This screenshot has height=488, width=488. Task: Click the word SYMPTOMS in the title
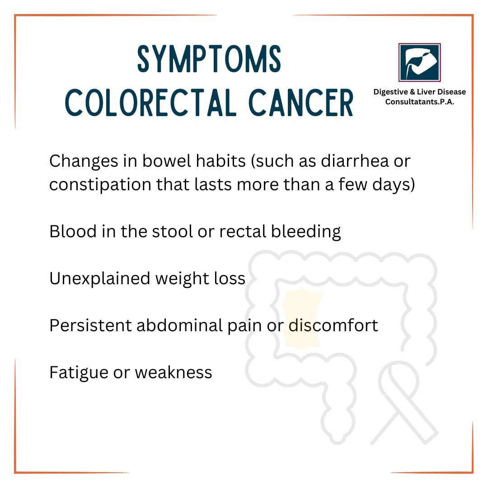tap(209, 59)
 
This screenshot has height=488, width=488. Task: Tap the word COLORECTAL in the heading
tap(150, 103)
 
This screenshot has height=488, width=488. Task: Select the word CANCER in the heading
tap(301, 103)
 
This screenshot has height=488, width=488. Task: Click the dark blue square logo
tap(419, 62)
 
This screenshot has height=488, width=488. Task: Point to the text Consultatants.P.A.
tap(419, 102)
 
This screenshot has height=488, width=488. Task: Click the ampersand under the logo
tap(413, 92)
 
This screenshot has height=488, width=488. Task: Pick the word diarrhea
tap(355, 161)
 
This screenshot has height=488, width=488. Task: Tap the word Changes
tap(84, 161)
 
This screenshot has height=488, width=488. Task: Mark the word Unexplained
tap(99, 278)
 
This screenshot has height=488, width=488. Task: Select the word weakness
tap(174, 373)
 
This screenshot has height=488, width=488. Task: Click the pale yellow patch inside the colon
tap(302, 319)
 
